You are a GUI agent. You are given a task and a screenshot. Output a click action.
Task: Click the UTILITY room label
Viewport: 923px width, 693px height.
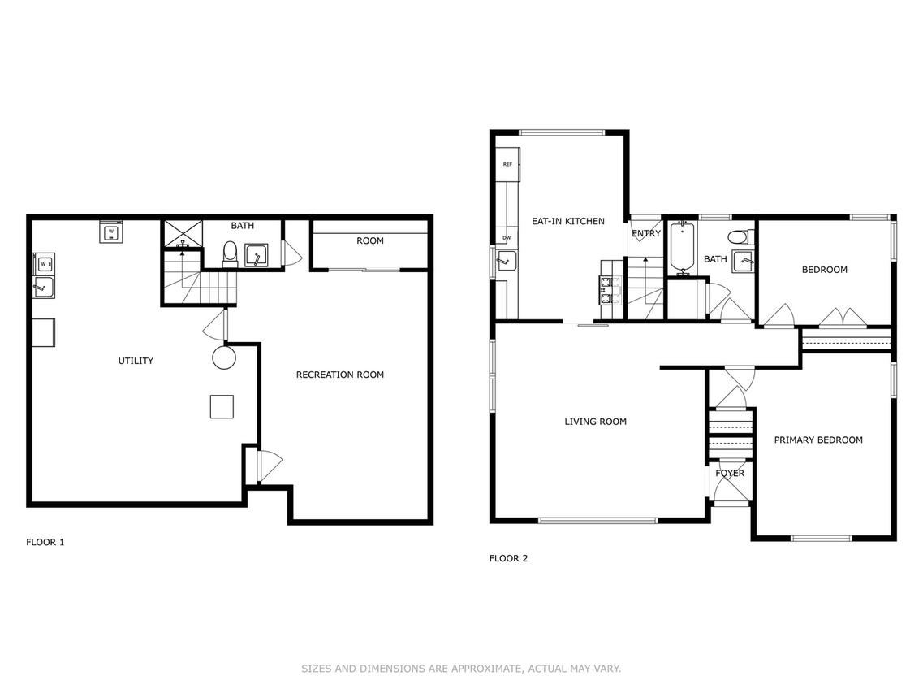(x=136, y=361)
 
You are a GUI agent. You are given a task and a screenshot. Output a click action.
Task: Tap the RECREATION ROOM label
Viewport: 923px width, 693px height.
(x=339, y=375)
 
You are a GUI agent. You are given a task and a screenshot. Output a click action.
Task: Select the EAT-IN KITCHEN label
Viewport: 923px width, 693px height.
(x=568, y=221)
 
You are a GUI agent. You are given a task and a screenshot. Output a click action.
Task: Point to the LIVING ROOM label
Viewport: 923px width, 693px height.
(x=595, y=422)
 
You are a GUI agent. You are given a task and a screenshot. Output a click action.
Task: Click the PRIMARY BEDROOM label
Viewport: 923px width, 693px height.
(x=818, y=440)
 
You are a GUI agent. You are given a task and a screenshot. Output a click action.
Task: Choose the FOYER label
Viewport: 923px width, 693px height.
(x=730, y=473)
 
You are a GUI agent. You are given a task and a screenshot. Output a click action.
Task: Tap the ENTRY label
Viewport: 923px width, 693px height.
(x=646, y=233)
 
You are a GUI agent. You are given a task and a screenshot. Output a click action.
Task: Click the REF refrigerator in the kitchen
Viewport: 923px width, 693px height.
(x=508, y=164)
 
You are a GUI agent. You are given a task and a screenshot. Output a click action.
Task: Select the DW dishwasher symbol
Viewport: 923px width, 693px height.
(x=507, y=238)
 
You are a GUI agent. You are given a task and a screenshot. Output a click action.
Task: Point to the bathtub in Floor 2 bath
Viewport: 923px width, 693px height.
(x=683, y=248)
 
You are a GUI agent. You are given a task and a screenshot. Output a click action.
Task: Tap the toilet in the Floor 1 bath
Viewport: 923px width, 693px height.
(x=230, y=254)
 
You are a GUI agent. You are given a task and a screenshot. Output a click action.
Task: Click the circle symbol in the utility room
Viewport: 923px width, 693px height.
(x=224, y=357)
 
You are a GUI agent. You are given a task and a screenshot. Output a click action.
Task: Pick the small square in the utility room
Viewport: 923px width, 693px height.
(x=222, y=406)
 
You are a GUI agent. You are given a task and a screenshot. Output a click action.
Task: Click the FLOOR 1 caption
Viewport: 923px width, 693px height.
(x=45, y=542)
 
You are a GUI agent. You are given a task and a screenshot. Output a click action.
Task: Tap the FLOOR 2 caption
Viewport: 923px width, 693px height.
(x=509, y=558)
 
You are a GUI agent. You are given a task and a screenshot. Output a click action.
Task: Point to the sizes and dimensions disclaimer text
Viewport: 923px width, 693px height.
(x=461, y=669)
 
